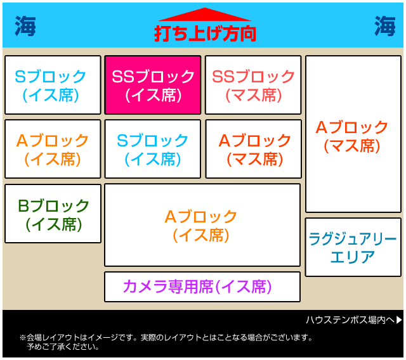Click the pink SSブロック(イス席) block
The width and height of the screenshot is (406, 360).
[153, 85]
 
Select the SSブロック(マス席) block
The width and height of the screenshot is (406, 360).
[253, 85]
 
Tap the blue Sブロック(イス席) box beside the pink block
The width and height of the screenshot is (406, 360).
[53, 85]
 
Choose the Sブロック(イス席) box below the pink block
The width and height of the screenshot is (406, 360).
[153, 149]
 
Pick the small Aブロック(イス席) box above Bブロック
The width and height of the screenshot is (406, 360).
[53, 149]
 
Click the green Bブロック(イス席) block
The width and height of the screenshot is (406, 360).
[53, 214]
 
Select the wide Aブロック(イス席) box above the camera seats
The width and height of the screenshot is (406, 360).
[202, 225]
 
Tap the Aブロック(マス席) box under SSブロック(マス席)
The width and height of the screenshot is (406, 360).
[254, 149]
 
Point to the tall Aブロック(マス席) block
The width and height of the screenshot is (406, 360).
[353, 134]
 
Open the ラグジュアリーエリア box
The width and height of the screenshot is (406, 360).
[353, 247]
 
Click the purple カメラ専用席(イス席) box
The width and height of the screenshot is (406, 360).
[202, 287]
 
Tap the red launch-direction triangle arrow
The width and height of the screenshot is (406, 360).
[205, 15]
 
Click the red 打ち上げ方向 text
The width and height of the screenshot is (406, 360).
[205, 34]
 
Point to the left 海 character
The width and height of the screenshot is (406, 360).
[25, 26]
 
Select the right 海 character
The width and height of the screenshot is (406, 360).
[385, 26]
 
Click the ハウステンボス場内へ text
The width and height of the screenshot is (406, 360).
[350, 320]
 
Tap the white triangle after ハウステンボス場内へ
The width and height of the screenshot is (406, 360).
[399, 320]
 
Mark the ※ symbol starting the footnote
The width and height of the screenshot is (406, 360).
[23, 337]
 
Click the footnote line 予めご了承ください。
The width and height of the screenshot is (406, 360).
[63, 347]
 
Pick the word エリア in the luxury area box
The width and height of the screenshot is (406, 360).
[353, 257]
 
